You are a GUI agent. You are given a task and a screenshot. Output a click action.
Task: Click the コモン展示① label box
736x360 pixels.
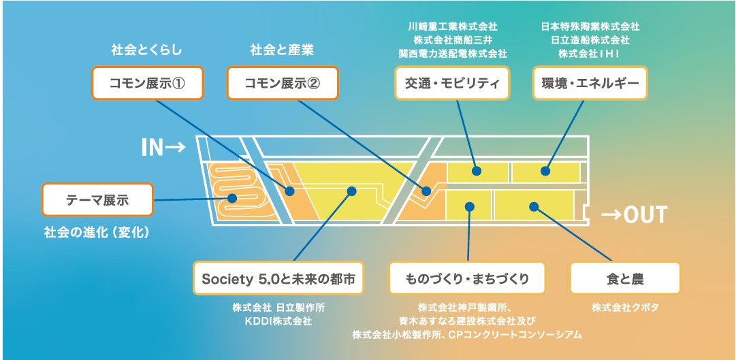point(147,83)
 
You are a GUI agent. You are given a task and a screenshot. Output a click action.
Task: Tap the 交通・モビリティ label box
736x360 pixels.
point(451,83)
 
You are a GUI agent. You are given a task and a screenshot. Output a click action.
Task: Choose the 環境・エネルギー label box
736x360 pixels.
point(590,83)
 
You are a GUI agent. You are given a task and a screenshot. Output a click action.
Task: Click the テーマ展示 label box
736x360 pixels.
point(97,200)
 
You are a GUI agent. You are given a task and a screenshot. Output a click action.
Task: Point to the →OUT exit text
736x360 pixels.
point(633,215)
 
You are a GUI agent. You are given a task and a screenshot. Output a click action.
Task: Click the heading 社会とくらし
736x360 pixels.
point(147,50)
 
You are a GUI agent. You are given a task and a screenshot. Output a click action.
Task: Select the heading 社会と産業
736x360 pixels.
point(282,50)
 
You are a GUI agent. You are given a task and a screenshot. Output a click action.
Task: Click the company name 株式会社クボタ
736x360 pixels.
point(625,307)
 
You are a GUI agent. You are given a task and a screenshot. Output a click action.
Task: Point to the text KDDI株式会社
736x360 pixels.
point(276,320)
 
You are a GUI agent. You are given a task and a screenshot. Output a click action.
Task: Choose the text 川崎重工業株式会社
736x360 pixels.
point(451,27)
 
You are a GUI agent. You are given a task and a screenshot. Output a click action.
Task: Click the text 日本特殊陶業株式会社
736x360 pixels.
point(590,27)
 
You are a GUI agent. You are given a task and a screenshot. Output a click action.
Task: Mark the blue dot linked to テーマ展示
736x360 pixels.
point(232,199)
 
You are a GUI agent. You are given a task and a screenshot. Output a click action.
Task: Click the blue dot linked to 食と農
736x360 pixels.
point(534,206)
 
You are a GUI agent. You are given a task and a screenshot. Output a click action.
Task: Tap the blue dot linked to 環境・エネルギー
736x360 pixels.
point(545,171)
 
